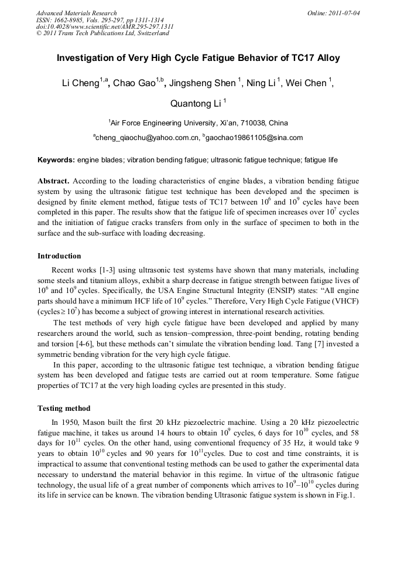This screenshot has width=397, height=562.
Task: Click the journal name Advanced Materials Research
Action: (x=77, y=13)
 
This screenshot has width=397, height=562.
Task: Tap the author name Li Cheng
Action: (x=81, y=83)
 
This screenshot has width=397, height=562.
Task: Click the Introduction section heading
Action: (x=59, y=256)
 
